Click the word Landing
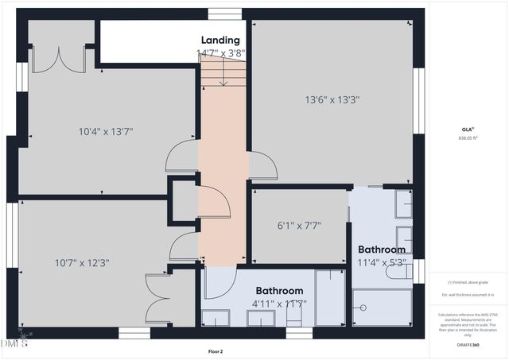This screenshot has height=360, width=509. click(220, 40)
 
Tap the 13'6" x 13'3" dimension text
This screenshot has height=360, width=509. click(332, 100)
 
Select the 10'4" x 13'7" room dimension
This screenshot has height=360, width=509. click(106, 131)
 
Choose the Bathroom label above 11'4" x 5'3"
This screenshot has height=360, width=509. click(381, 250)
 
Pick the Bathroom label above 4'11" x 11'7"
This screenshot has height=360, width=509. click(279, 291)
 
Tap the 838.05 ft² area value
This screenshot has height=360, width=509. click(468, 137)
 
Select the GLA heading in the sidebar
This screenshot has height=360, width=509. click(467, 128)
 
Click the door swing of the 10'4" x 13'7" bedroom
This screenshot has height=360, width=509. click(181, 156)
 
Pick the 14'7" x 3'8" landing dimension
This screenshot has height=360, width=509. click(220, 53)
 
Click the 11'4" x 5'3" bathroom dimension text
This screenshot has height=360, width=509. click(381, 262)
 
